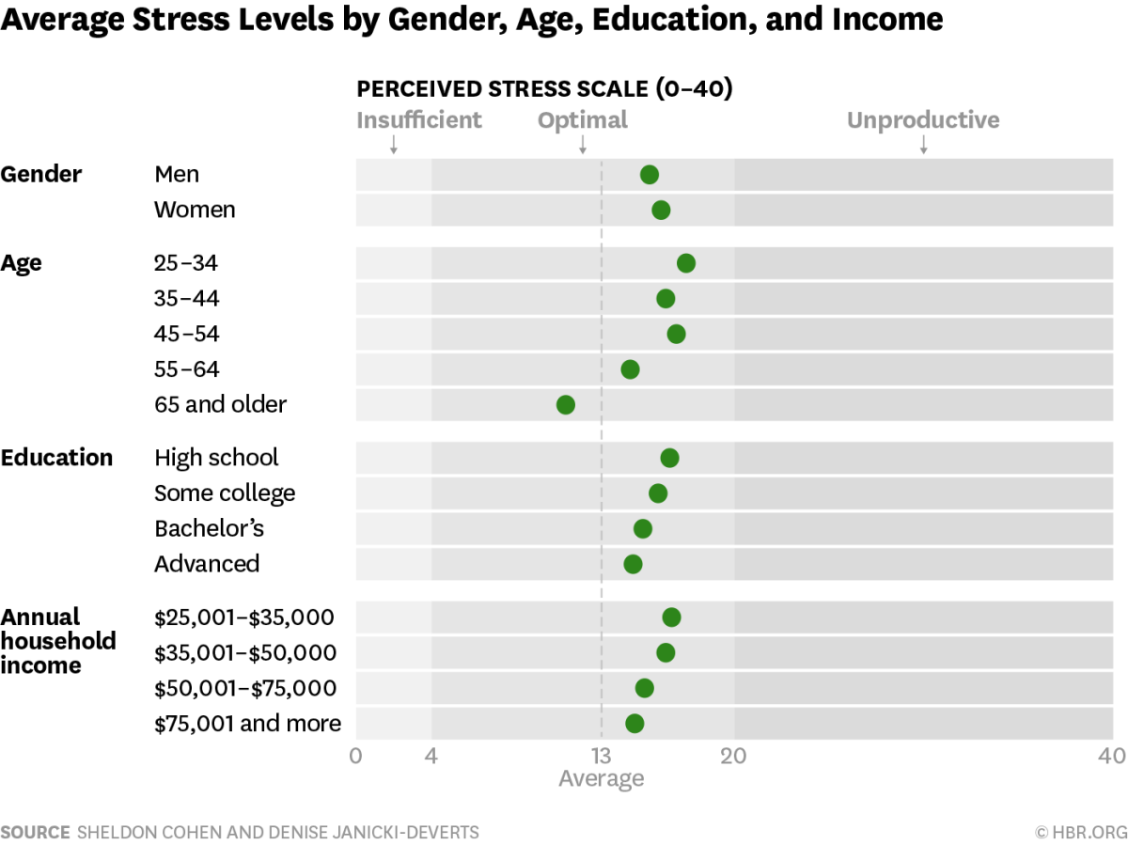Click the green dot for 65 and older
[x=565, y=405]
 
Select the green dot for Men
[x=649, y=175]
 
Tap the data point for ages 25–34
[x=685, y=263]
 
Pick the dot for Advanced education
[x=633, y=564]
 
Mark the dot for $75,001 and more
[x=634, y=724]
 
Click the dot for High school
[x=669, y=458]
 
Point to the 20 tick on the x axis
[x=733, y=756]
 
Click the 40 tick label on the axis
[x=1112, y=756]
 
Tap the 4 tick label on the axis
[x=431, y=756]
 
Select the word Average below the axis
[x=602, y=778]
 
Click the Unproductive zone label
[x=923, y=120]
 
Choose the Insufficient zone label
[x=419, y=120]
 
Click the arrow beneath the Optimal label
[x=583, y=144]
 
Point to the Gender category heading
[x=41, y=175]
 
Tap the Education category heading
[x=56, y=458]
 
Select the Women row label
[x=195, y=210]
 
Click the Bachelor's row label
[x=209, y=528]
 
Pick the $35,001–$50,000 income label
[x=245, y=652]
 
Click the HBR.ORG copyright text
[x=1080, y=832]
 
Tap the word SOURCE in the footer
[x=36, y=832]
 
